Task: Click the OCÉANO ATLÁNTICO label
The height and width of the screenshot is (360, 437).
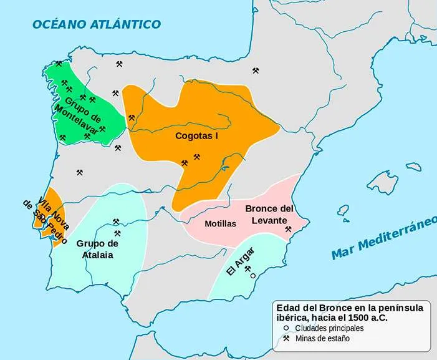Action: coord(97,24)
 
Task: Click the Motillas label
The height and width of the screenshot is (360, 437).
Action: coord(220,223)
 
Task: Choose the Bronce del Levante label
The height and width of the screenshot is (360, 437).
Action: coord(269,214)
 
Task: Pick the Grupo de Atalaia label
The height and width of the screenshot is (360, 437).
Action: coord(97,248)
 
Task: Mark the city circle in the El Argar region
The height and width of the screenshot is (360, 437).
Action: coord(253,275)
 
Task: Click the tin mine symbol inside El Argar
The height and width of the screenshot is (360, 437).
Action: coord(247,269)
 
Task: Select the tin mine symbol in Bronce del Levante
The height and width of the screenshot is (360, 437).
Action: coord(288,230)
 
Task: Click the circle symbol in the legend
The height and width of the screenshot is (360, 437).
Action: coord(286,328)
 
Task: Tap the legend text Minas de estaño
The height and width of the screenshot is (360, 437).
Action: coord(322,339)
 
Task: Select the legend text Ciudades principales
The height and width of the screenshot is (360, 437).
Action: coord(330,328)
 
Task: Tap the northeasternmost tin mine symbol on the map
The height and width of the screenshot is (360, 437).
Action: coord(255,71)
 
